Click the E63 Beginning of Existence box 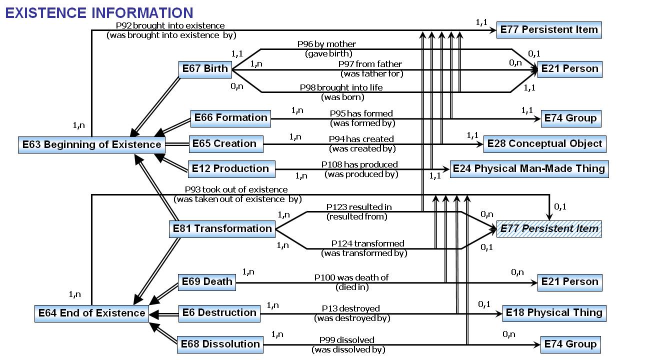pyautogui.click(x=92, y=145)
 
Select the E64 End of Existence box pyautogui.click(x=92, y=313)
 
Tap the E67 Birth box pyautogui.click(x=204, y=69)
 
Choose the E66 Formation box pyautogui.click(x=230, y=118)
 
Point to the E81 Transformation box pyautogui.click(x=221, y=229)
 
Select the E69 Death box pyautogui.click(x=206, y=282)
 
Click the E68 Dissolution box pyautogui.click(x=220, y=344)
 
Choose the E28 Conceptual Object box pyautogui.click(x=544, y=144)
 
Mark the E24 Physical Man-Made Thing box pyautogui.click(x=528, y=168)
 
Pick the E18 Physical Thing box pyautogui.click(x=554, y=313)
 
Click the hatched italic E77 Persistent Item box pyautogui.click(x=549, y=229)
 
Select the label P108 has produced pyautogui.click(x=359, y=164)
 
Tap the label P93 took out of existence pyautogui.click(x=236, y=189)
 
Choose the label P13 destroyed pyautogui.click(x=350, y=308)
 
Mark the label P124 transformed pyautogui.click(x=367, y=243)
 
